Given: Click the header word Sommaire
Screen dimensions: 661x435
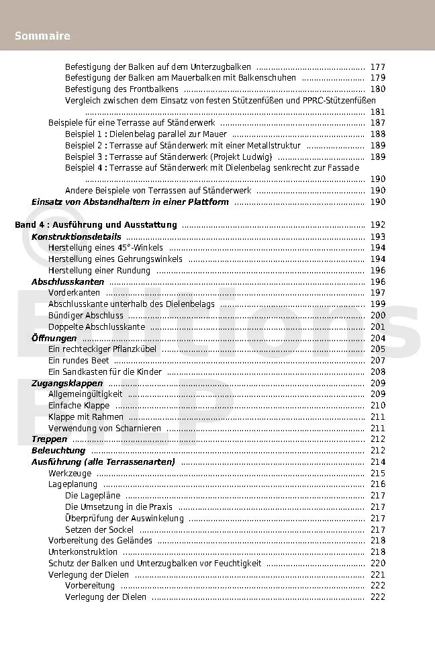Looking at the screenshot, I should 42,36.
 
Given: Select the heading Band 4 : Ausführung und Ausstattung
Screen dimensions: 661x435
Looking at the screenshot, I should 96,225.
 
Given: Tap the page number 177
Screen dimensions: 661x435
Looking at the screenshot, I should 377,67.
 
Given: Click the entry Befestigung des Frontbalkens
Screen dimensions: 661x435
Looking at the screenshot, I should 122,89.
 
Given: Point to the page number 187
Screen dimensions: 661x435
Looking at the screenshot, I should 377,123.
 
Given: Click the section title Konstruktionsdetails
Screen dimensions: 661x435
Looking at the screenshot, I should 77,236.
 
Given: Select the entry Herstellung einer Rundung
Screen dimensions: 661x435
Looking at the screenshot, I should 99,270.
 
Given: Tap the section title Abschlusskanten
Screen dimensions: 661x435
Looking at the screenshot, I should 68,281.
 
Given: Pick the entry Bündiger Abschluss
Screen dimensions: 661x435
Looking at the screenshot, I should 86,315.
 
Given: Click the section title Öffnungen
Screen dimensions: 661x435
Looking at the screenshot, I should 54,338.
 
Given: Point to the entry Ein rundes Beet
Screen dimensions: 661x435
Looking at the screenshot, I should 79,360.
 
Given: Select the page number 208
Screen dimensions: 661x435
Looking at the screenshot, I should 377,371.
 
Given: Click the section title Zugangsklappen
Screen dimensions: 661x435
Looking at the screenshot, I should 67,383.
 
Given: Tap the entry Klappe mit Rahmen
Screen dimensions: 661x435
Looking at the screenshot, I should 86,416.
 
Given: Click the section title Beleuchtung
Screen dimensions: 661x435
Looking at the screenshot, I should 58,450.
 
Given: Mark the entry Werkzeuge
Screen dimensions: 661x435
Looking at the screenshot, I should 70,473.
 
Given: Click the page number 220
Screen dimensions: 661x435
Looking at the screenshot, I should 377,563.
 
